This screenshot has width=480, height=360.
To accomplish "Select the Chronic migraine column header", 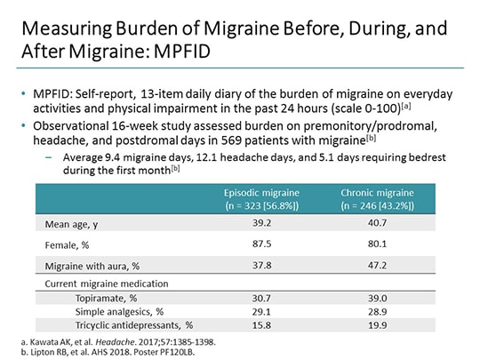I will click(x=374, y=197).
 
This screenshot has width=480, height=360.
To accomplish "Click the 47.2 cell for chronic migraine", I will click(x=374, y=265).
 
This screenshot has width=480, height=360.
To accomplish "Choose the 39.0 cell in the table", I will click(x=374, y=299).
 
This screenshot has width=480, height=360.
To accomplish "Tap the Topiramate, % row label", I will click(x=106, y=299).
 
